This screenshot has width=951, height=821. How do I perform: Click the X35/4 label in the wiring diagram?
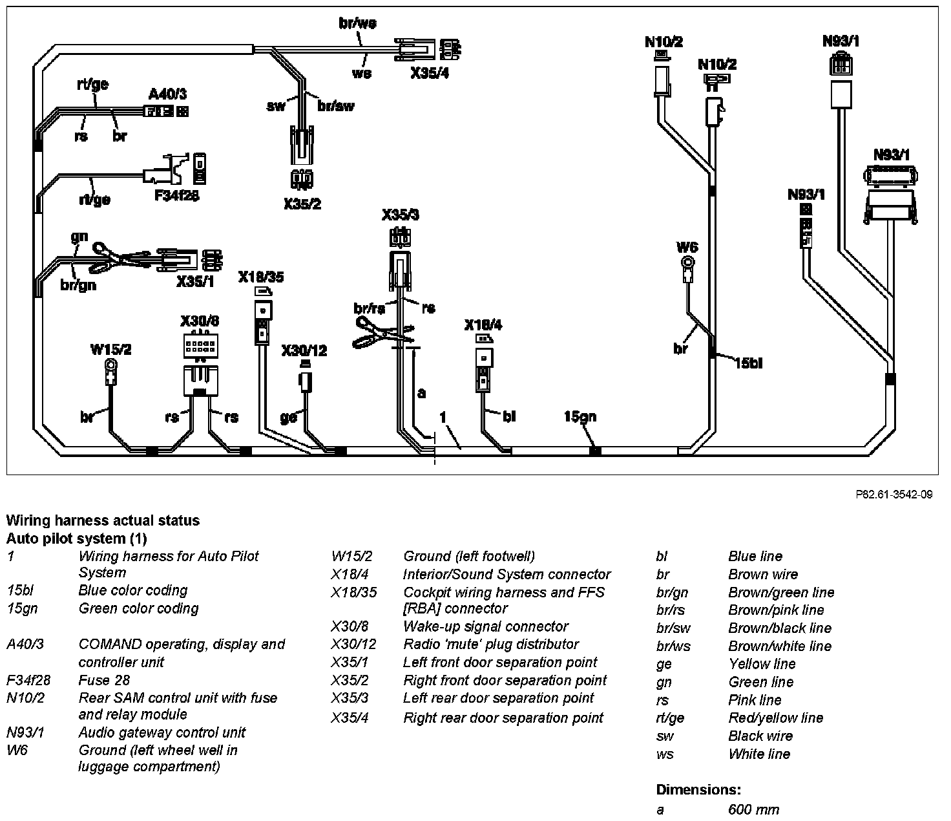[430, 73]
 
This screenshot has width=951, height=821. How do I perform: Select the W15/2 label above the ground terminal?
[110, 350]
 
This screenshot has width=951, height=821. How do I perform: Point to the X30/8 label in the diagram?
[200, 321]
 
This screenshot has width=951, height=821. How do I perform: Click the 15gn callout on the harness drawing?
[580, 416]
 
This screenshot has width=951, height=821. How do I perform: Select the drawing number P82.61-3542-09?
[894, 495]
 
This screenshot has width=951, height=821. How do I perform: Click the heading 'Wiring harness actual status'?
[103, 520]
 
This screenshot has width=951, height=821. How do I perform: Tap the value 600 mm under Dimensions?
[753, 809]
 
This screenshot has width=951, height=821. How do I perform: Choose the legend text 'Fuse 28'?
[104, 680]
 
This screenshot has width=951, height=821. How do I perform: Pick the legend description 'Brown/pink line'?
[776, 610]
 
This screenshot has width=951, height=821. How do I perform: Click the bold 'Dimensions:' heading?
[698, 789]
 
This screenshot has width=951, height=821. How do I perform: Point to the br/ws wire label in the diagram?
[357, 23]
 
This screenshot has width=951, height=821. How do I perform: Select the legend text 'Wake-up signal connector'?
[486, 626]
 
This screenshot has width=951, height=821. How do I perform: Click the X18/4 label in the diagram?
[483, 325]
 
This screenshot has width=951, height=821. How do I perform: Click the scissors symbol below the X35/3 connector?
[381, 333]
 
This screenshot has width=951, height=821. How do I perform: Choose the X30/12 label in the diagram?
[304, 351]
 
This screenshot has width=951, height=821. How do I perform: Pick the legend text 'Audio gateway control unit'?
[162, 732]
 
